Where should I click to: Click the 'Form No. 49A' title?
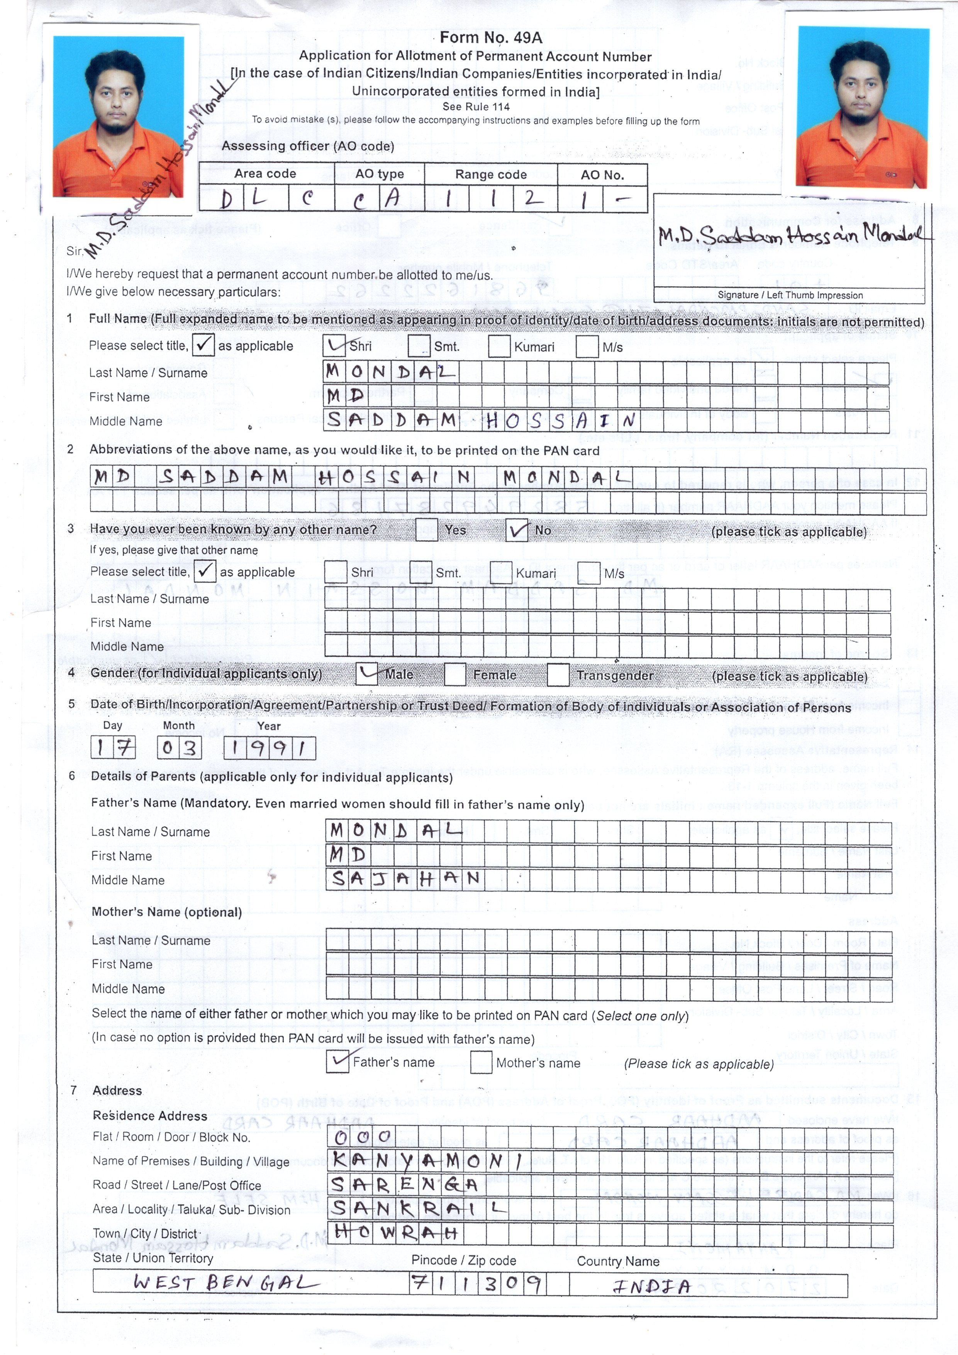pos(490,38)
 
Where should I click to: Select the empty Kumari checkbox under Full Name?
pos(499,346)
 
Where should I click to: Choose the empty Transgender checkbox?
pos(558,675)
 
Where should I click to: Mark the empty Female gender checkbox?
pos(454,675)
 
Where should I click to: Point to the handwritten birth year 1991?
pos(270,748)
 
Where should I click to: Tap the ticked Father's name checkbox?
pos(337,1062)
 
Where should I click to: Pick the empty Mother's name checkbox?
pos(481,1062)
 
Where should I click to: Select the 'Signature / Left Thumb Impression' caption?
pos(790,295)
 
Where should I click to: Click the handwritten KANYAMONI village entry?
pos(426,1160)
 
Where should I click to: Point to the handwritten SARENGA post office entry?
pos(404,1184)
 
